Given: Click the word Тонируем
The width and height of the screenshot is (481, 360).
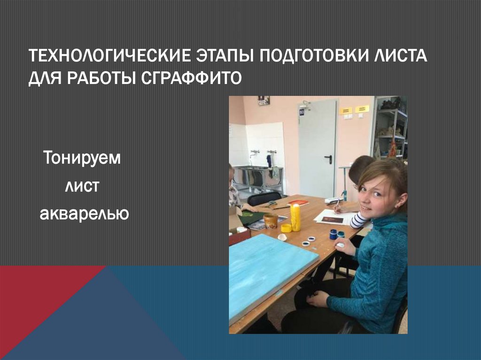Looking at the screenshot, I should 83,158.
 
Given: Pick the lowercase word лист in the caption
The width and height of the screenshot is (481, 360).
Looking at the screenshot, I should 82,186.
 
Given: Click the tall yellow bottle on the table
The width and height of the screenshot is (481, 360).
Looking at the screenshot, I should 295,217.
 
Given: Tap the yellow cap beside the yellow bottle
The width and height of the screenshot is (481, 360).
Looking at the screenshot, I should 286,228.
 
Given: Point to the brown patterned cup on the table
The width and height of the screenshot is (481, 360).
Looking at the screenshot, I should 270,220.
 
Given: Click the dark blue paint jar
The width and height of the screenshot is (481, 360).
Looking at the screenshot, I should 333,234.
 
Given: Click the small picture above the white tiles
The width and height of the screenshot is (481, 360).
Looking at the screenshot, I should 264,100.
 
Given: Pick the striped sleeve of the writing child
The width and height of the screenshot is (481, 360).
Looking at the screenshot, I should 359,220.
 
